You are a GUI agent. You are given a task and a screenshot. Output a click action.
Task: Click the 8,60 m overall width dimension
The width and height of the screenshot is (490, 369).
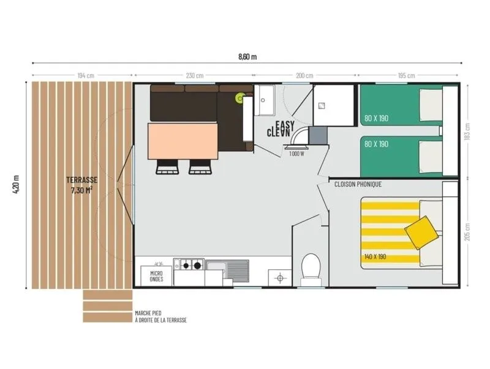(x=247, y=57)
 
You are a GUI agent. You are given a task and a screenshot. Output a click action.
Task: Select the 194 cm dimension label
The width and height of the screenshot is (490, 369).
(x=86, y=76)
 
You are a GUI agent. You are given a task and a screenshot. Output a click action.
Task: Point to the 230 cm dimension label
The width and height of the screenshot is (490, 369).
(x=194, y=76)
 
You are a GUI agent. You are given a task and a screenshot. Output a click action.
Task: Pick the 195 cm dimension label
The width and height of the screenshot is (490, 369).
(x=407, y=76)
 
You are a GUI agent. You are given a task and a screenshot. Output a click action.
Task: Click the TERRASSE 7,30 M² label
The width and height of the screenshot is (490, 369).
(x=83, y=185)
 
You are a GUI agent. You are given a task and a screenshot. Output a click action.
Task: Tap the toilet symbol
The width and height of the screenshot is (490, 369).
(x=311, y=267)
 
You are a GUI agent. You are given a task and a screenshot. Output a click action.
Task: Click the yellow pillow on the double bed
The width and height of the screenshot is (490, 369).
(x=422, y=232)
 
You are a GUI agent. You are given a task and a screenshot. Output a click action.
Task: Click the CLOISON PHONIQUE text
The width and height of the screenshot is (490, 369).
(x=358, y=184)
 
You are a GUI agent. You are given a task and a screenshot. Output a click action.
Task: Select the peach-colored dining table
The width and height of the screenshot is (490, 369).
(x=183, y=141)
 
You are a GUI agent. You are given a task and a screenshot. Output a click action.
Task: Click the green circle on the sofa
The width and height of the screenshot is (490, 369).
(x=240, y=97)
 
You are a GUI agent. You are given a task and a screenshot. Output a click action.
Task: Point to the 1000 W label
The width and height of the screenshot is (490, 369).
(x=297, y=154)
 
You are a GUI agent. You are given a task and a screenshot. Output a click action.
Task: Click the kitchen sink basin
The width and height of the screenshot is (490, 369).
(x=227, y=269)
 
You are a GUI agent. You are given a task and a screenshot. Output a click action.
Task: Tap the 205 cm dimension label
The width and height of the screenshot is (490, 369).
(x=467, y=231)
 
